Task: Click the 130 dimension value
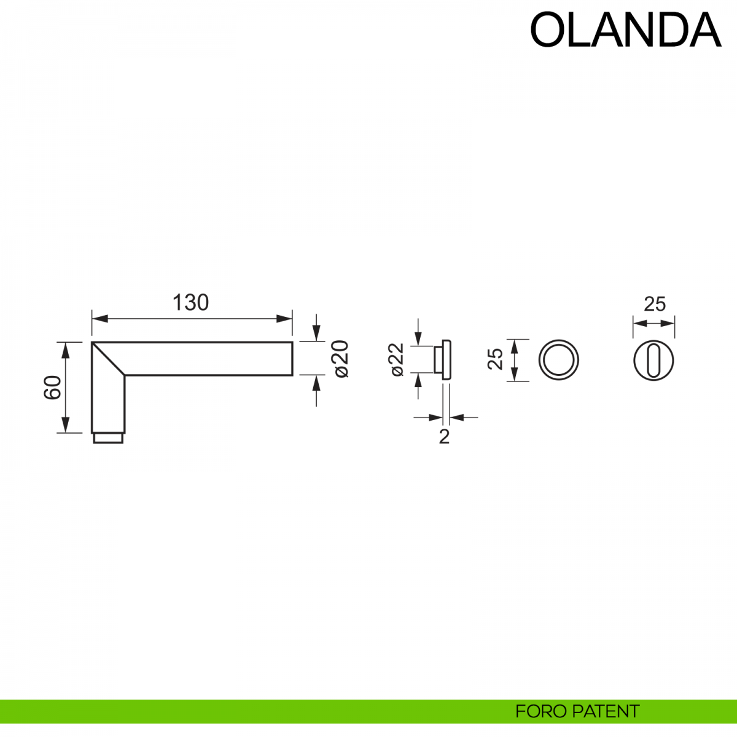190,303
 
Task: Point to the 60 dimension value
53,388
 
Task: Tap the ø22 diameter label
396,359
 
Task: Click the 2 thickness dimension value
444,437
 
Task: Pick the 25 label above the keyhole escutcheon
655,304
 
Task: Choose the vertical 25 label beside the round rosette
495,359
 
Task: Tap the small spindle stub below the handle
108,438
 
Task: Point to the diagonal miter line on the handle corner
109,359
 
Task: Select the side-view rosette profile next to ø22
443,359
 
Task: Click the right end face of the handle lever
291,359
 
